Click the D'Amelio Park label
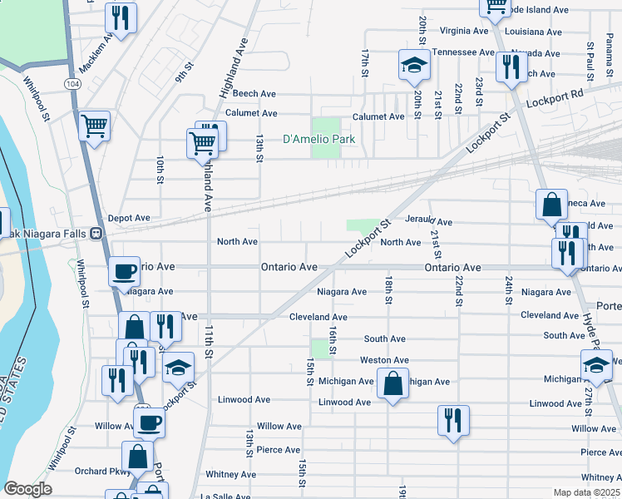coord(319,139)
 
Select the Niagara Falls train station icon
coord(96,234)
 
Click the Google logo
coord(27,489)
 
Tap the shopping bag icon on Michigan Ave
coord(392,383)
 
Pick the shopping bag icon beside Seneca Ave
coord(551,203)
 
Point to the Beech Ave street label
coord(254,94)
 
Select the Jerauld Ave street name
coord(428,223)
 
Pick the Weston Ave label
coord(383,360)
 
